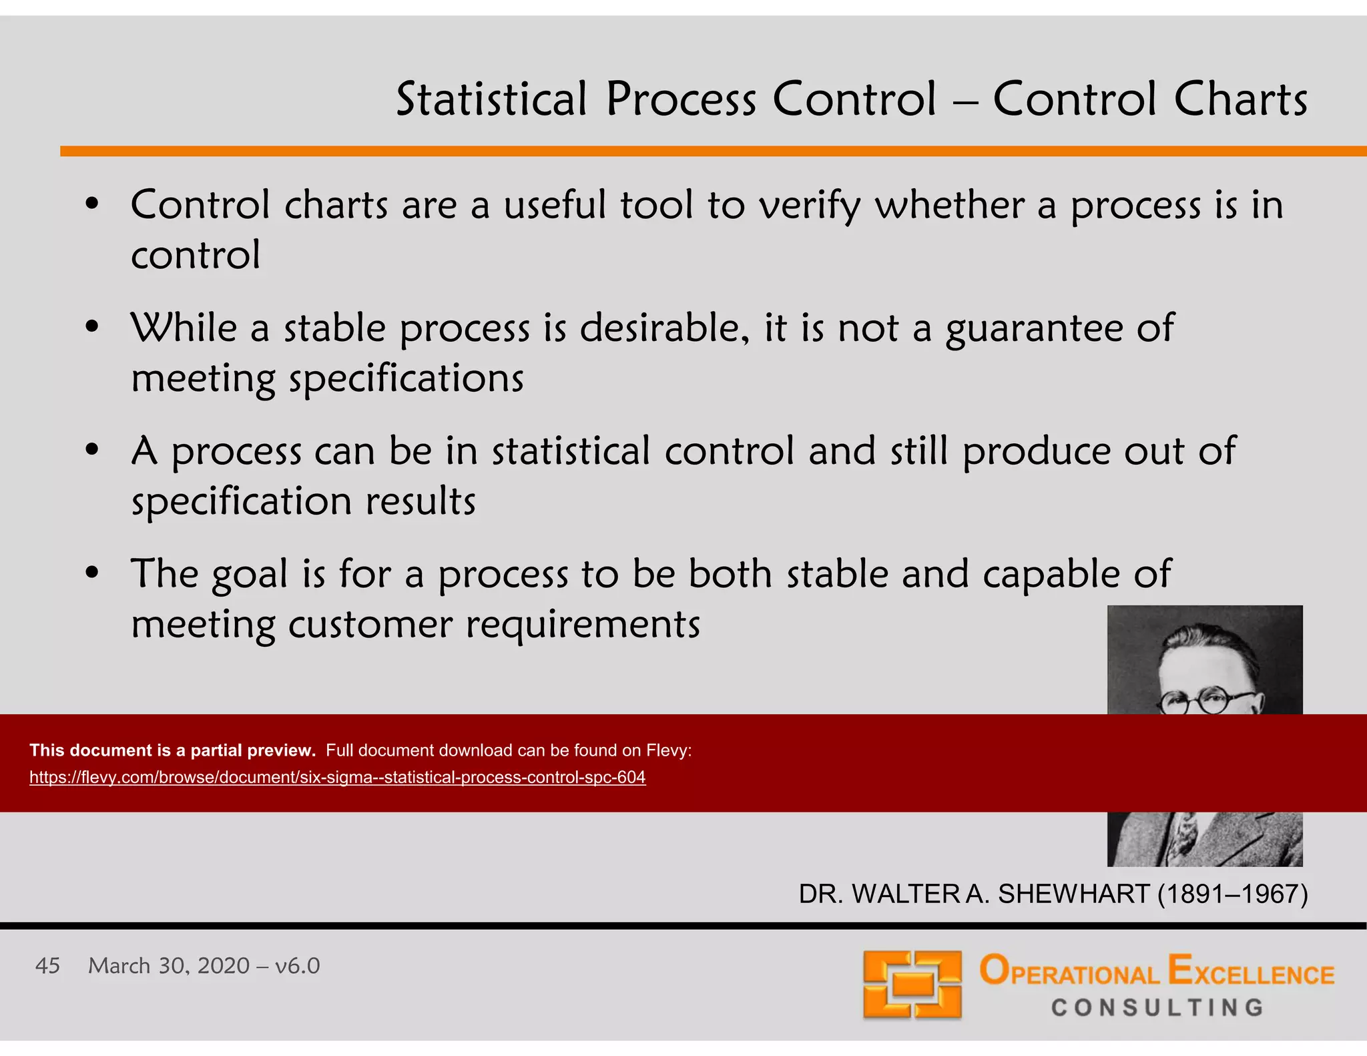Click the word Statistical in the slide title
coord(491,99)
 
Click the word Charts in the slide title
coord(1240,99)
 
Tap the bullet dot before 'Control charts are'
coord(92,204)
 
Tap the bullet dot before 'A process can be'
coord(92,450)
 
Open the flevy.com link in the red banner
coord(337,777)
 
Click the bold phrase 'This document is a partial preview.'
coord(172,750)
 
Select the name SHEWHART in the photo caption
coord(1073,894)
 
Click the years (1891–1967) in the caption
coord(1232,894)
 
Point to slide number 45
coord(47,966)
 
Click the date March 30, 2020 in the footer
coord(168,966)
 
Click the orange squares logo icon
coord(912,984)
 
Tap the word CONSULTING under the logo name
coord(1157,1007)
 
